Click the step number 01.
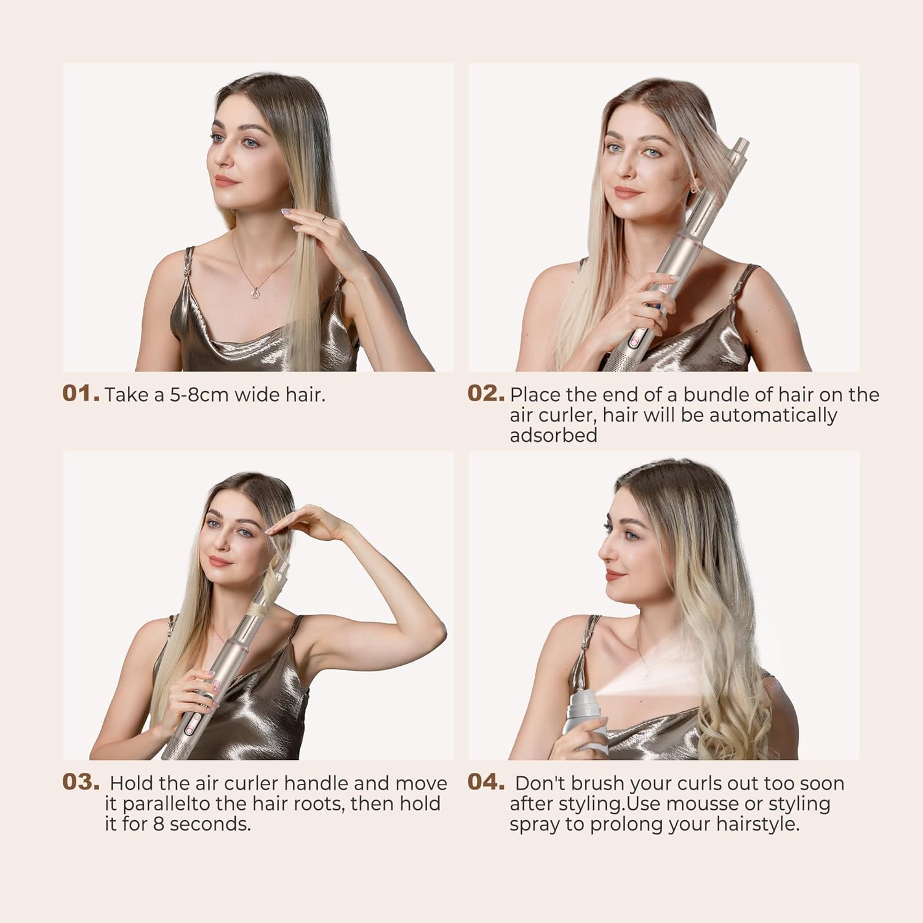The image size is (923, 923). click(81, 394)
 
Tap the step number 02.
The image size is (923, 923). click(486, 394)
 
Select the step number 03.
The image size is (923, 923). click(81, 783)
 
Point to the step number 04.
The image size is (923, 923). click(486, 783)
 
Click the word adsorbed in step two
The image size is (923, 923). click(553, 435)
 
